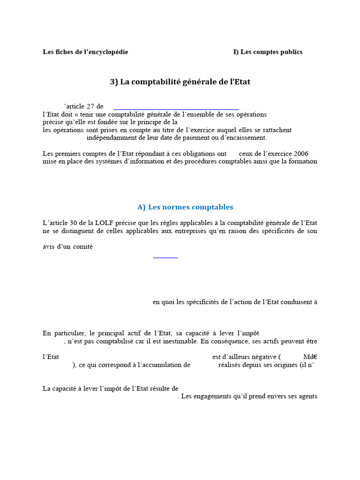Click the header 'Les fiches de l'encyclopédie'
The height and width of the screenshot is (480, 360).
click(85, 52)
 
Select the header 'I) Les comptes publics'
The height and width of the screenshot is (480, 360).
click(268, 52)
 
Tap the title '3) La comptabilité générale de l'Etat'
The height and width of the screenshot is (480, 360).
click(180, 82)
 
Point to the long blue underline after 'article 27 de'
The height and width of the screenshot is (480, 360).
click(176, 109)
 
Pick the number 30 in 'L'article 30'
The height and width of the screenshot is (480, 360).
click(71, 223)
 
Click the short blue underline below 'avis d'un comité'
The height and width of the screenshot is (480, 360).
click(165, 257)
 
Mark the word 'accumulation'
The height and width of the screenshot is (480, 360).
click(164, 365)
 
